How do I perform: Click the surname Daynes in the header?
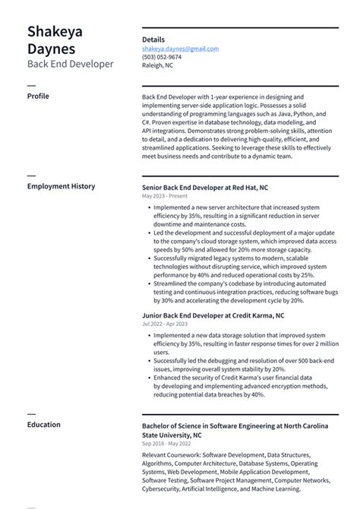pyautogui.click(x=52, y=49)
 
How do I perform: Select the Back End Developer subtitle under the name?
pyautogui.click(x=70, y=65)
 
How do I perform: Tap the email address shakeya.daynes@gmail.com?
pyautogui.click(x=180, y=48)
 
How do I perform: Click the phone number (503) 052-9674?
pyautogui.click(x=162, y=56)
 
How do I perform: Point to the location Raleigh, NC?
pyautogui.click(x=157, y=65)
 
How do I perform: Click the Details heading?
pyautogui.click(x=153, y=39)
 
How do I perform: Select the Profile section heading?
pyautogui.click(x=38, y=96)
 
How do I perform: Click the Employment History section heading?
pyautogui.click(x=61, y=186)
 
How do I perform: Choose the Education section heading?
pyautogui.click(x=43, y=425)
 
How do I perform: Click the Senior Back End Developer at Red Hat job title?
pyautogui.click(x=204, y=187)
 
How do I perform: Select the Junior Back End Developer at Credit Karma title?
pyautogui.click(x=213, y=315)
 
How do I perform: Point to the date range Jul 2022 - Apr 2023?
pyautogui.click(x=166, y=324)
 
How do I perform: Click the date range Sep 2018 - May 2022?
pyautogui.click(x=167, y=444)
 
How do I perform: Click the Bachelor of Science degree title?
pyautogui.click(x=235, y=426)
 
